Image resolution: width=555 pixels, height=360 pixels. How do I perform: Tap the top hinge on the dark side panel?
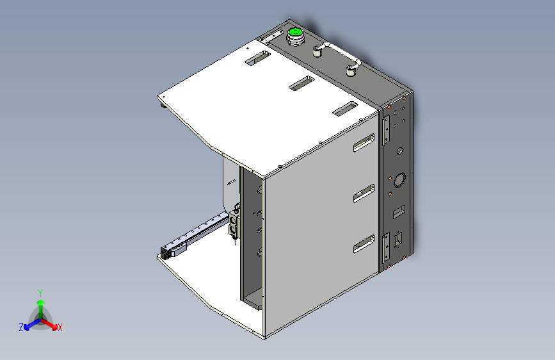click(x=387, y=130)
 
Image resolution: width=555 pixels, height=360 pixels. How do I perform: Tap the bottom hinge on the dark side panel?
click(x=387, y=247)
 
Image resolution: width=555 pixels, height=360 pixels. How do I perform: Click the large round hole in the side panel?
click(x=400, y=179)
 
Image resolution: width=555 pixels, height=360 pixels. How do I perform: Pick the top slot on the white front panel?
click(x=364, y=143)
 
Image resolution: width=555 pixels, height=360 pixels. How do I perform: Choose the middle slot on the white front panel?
click(x=364, y=193)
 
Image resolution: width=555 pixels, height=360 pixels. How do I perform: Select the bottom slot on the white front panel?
click(x=364, y=245)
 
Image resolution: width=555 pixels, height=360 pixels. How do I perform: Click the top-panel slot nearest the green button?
click(x=257, y=58)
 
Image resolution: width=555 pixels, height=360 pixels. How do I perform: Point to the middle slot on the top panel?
click(x=300, y=83)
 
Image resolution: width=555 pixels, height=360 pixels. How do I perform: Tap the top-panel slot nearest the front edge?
click(x=344, y=109)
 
